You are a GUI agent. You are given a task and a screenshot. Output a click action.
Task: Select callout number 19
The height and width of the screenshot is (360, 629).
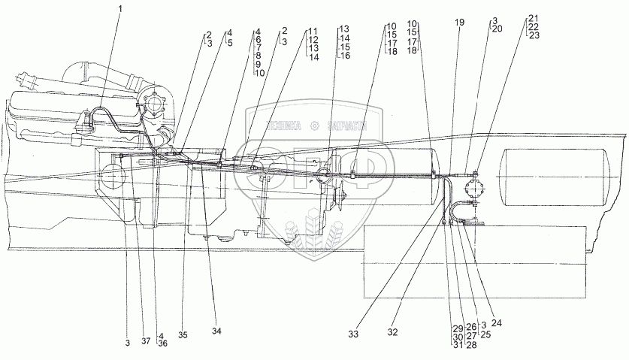coord(458,23)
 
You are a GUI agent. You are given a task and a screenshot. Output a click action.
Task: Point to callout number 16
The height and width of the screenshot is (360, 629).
coord(345,56)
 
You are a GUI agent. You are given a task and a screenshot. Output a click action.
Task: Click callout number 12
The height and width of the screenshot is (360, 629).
coord(313,39)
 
